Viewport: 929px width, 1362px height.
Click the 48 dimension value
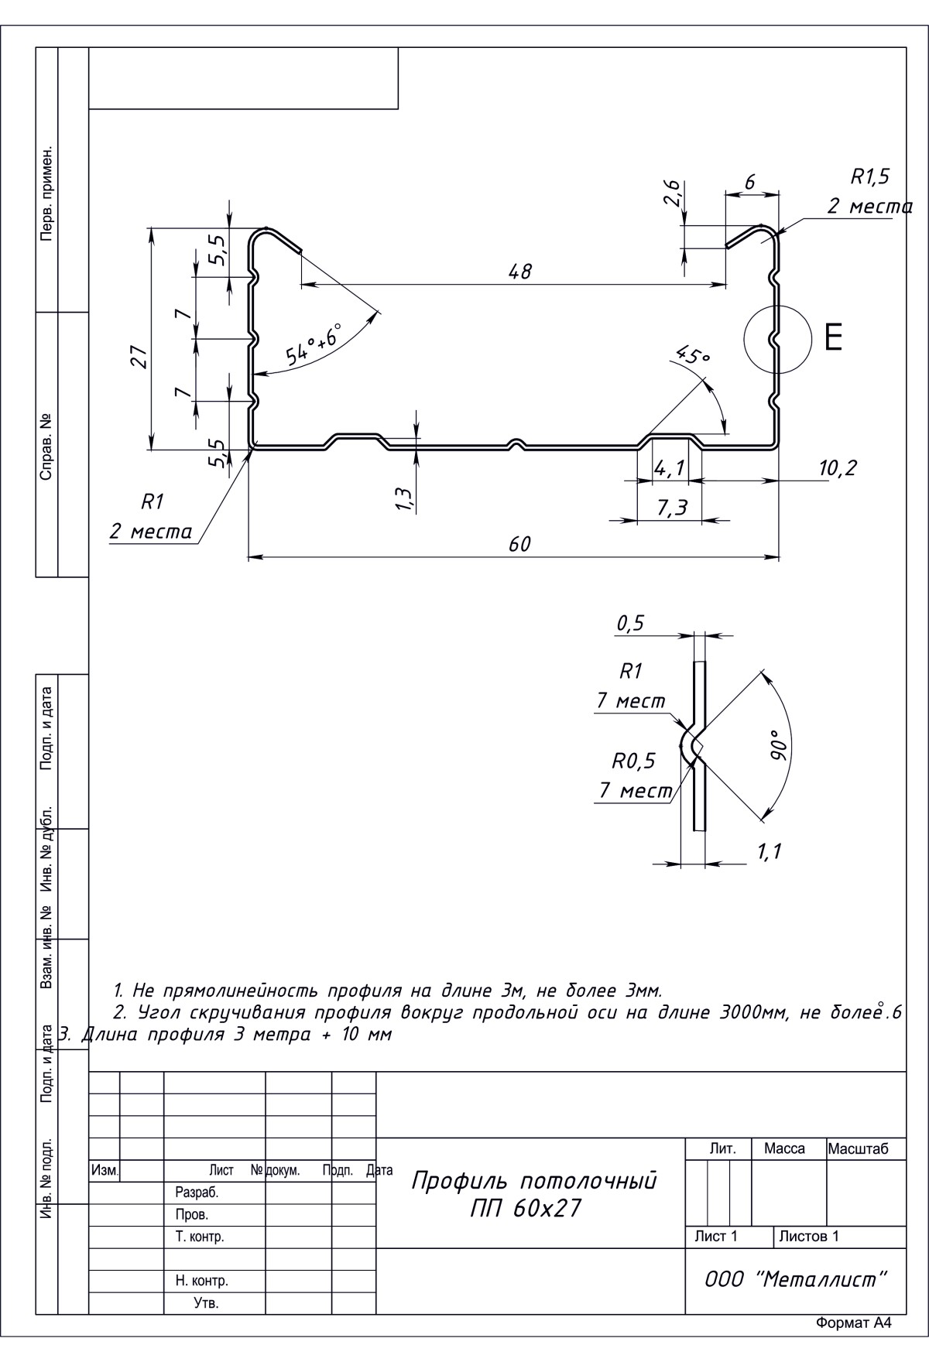click(520, 272)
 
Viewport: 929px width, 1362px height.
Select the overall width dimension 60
click(519, 544)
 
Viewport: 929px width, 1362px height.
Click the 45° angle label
click(693, 355)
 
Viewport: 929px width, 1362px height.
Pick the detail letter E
click(833, 337)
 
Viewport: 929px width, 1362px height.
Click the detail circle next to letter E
click(776, 337)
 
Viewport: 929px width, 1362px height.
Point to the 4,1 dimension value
click(669, 468)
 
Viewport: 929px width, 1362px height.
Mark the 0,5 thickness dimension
click(630, 624)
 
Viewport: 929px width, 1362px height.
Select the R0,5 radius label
click(633, 761)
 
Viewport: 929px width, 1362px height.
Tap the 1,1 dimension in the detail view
click(769, 852)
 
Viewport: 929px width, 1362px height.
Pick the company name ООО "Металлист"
click(795, 1279)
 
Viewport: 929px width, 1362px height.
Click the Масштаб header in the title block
click(858, 1149)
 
